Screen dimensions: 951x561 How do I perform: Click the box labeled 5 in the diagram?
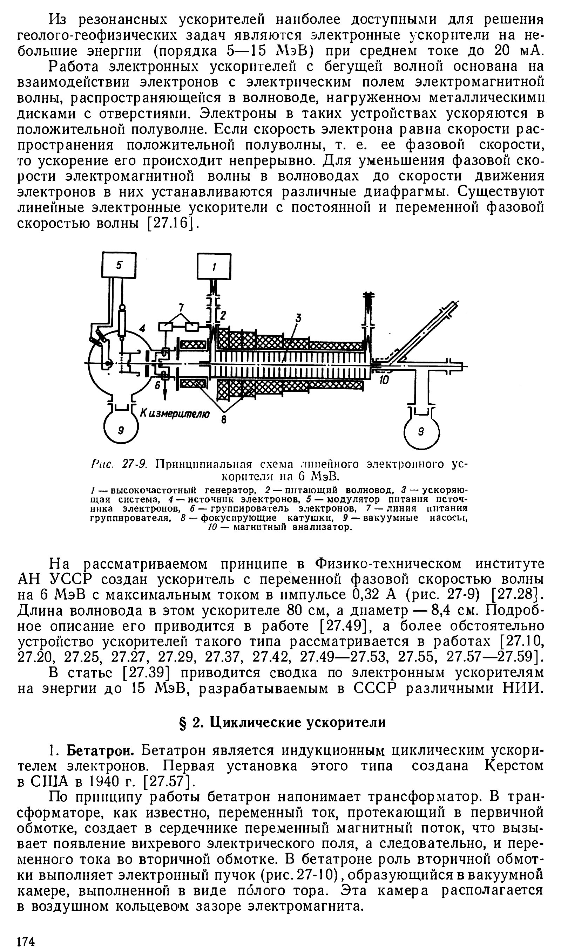click(x=119, y=266)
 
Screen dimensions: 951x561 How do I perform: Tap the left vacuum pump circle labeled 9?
click(x=121, y=431)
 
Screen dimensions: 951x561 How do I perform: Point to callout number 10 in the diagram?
click(x=384, y=380)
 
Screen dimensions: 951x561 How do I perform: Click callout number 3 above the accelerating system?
click(x=299, y=319)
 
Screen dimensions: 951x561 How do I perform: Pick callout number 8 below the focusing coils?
click(x=224, y=419)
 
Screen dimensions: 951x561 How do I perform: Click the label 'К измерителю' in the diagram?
click(x=175, y=413)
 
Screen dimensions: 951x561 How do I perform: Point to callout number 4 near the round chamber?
click(x=142, y=328)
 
